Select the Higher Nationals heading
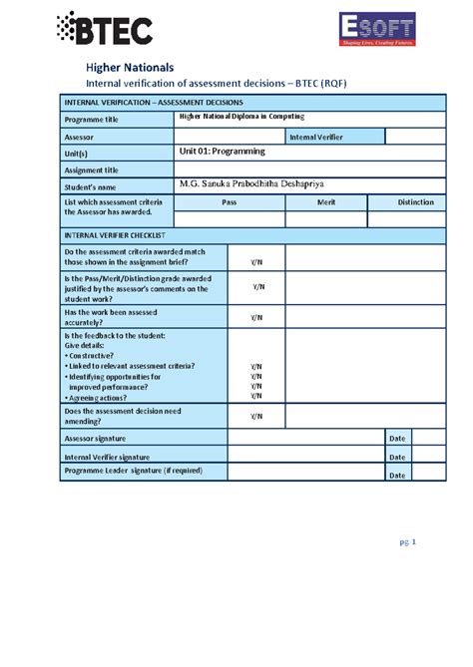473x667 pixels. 129,67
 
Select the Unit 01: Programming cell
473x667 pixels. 222,152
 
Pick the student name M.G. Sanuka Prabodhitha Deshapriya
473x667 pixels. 266,184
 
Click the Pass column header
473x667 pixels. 229,202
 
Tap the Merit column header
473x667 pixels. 325,202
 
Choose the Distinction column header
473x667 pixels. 415,202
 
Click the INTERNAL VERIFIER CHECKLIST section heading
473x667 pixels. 114,234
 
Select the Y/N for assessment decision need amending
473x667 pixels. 256,416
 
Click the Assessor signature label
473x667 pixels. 96,438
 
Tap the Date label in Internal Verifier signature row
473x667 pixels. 397,457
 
